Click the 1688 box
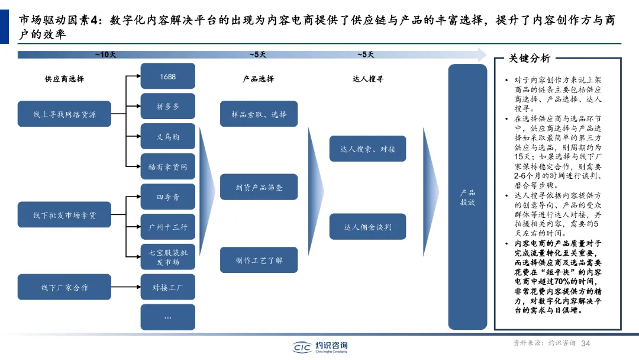(167, 76)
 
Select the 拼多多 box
(167, 107)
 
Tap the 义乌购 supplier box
(167, 137)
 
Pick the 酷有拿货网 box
(167, 167)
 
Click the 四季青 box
(167, 197)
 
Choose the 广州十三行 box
(167, 227)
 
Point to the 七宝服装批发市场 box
(167, 258)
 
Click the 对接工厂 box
(167, 288)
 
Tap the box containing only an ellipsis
(167, 317)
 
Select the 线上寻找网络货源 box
(64, 115)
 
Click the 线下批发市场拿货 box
(64, 216)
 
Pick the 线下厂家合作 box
(64, 288)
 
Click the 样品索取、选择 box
(259, 114)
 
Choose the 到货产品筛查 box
(259, 187)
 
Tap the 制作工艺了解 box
(259, 260)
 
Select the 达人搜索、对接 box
(368, 149)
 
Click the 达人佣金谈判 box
(368, 227)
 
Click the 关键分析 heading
(530, 59)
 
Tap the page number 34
(586, 343)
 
